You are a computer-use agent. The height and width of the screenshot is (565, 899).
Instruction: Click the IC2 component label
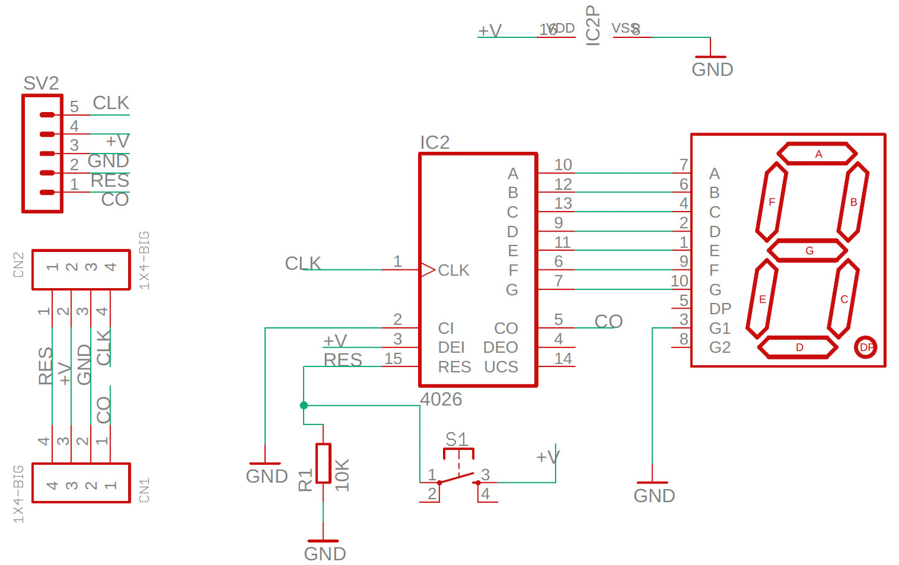pyautogui.click(x=434, y=142)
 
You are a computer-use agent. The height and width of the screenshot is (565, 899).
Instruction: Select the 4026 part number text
pyautogui.click(x=440, y=399)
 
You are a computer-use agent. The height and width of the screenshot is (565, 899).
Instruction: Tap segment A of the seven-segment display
pyautogui.click(x=817, y=154)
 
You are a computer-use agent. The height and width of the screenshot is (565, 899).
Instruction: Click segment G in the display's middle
pyautogui.click(x=808, y=250)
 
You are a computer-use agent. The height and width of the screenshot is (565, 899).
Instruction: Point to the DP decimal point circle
pyautogui.click(x=865, y=347)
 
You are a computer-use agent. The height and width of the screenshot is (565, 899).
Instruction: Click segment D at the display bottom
pyautogui.click(x=799, y=347)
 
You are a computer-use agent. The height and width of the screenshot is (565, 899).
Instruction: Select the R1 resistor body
pyautogui.click(x=323, y=463)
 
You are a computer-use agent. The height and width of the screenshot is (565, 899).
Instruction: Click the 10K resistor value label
pyautogui.click(x=342, y=475)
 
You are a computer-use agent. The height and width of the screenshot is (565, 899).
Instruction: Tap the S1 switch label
pyautogui.click(x=457, y=439)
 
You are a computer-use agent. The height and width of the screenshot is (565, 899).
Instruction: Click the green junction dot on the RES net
pyautogui.click(x=304, y=405)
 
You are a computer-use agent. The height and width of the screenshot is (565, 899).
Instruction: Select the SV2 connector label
pyautogui.click(x=41, y=83)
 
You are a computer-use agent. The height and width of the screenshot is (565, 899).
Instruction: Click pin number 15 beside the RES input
pyautogui.click(x=393, y=358)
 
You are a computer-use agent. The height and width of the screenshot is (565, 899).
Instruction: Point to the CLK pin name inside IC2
pyautogui.click(x=454, y=270)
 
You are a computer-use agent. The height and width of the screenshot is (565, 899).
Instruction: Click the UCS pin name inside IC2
pyautogui.click(x=501, y=367)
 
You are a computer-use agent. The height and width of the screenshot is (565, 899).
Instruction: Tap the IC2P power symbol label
pyautogui.click(x=593, y=25)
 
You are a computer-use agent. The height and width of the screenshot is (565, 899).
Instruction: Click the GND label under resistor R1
pyautogui.click(x=325, y=553)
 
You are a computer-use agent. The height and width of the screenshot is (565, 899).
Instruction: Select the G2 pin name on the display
pyautogui.click(x=720, y=347)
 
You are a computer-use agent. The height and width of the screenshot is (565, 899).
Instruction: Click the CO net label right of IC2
pyautogui.click(x=608, y=321)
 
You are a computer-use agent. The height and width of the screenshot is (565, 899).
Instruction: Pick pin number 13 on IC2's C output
pyautogui.click(x=563, y=203)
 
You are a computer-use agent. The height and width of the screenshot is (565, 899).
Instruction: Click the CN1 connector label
pyautogui.click(x=144, y=490)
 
